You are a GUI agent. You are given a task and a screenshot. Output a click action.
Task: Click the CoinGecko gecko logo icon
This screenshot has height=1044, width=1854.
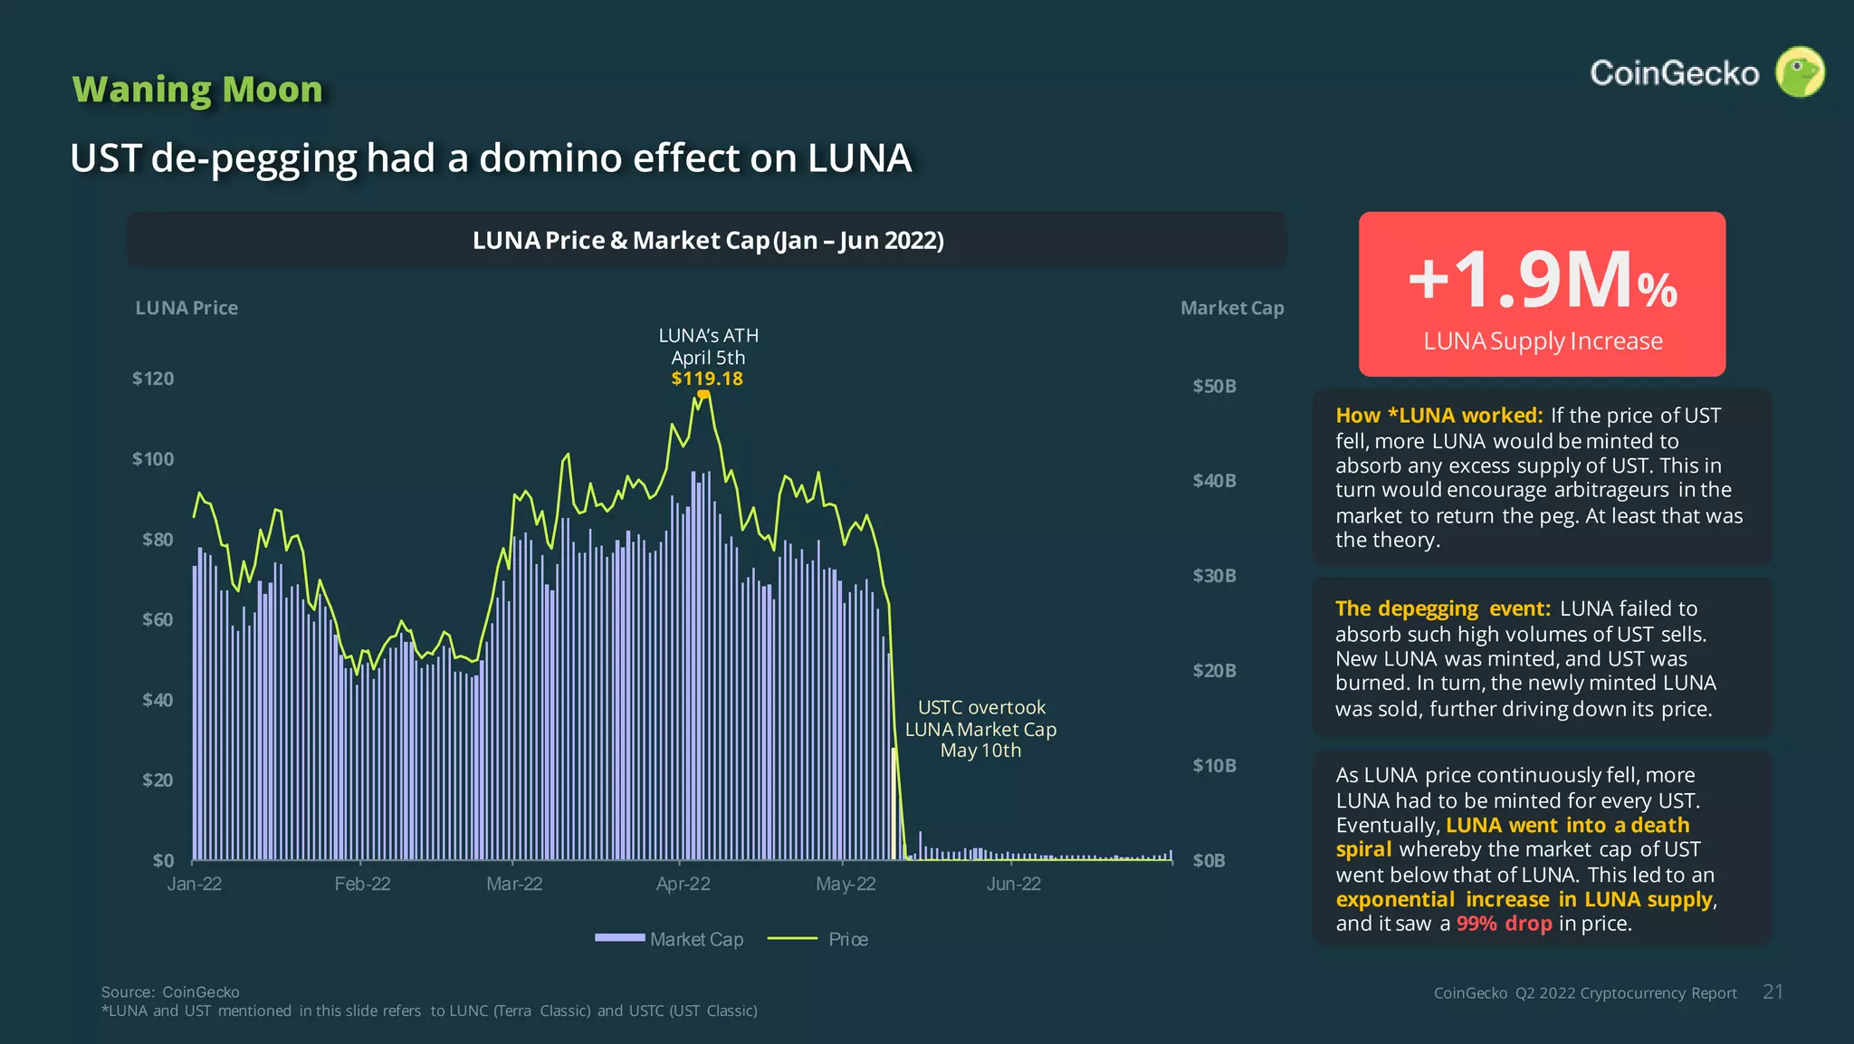coord(1799,72)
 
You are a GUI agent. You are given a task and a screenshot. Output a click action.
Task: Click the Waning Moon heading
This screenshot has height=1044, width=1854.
coord(197,90)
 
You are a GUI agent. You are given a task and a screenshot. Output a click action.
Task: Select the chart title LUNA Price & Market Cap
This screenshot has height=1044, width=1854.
coord(707,241)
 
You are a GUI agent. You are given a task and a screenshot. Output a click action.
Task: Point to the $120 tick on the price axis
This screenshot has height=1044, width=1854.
coord(153,378)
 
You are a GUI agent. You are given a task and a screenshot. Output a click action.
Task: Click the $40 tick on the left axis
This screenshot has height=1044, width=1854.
coord(157,700)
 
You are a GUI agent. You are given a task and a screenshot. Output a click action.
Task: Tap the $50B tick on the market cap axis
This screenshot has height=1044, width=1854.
coord(1214,386)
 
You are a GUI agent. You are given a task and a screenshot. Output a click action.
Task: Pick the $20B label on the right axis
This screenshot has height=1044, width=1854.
coord(1214,671)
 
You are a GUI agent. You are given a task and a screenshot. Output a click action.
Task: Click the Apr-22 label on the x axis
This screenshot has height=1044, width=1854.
coord(683,884)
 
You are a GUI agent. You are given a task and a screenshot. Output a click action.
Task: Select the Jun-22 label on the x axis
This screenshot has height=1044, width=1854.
coord(1013,884)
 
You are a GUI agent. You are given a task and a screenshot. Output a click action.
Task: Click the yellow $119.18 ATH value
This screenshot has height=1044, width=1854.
coord(707,378)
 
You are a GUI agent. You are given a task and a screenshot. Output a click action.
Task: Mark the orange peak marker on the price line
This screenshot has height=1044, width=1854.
coord(703,394)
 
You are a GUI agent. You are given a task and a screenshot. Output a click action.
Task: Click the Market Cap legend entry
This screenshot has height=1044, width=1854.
coord(670,939)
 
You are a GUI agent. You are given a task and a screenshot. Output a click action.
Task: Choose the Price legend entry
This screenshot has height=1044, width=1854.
coord(818,939)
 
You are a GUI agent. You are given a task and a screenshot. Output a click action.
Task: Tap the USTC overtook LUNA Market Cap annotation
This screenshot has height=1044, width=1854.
coord(980,729)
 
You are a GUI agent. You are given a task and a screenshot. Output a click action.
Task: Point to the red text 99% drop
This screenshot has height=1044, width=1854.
coord(1504,924)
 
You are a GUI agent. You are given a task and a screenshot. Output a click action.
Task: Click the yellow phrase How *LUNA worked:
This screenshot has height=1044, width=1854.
coord(1438,416)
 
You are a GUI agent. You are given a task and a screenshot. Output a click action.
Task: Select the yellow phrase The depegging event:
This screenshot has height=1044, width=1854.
coord(1442,608)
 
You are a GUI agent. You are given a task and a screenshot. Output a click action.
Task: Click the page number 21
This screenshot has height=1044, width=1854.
coord(1773,992)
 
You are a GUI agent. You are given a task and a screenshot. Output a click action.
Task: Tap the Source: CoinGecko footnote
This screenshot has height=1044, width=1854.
coord(170,992)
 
